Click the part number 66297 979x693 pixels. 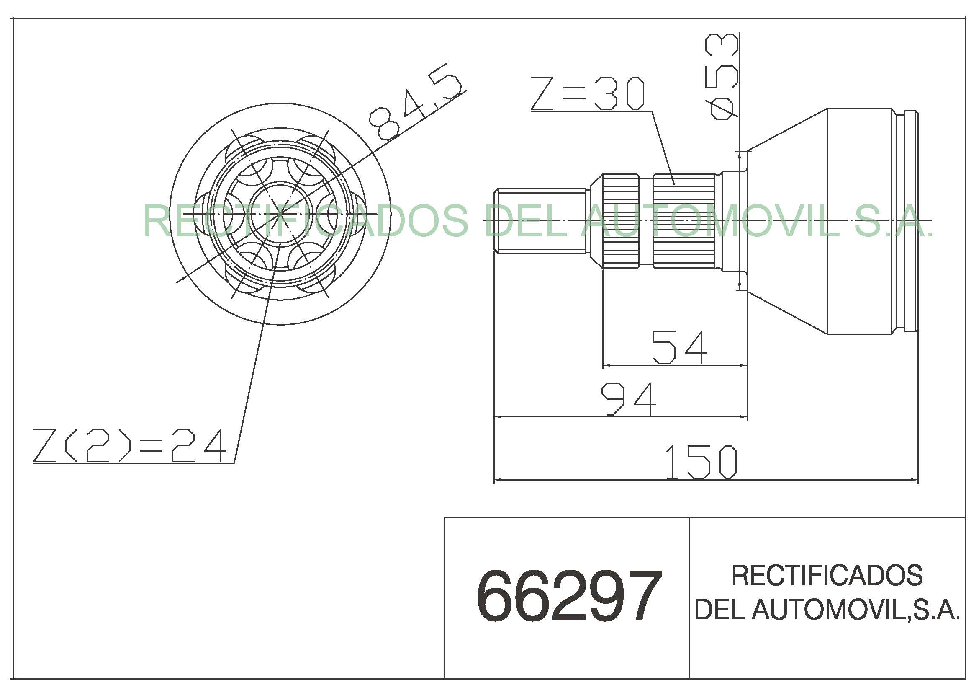[569, 597]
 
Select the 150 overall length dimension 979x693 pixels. [701, 462]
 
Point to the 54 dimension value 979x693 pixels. [680, 348]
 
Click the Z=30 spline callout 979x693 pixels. [588, 93]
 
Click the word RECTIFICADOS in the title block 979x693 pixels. [827, 576]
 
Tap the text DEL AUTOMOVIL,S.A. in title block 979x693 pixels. [827, 609]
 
